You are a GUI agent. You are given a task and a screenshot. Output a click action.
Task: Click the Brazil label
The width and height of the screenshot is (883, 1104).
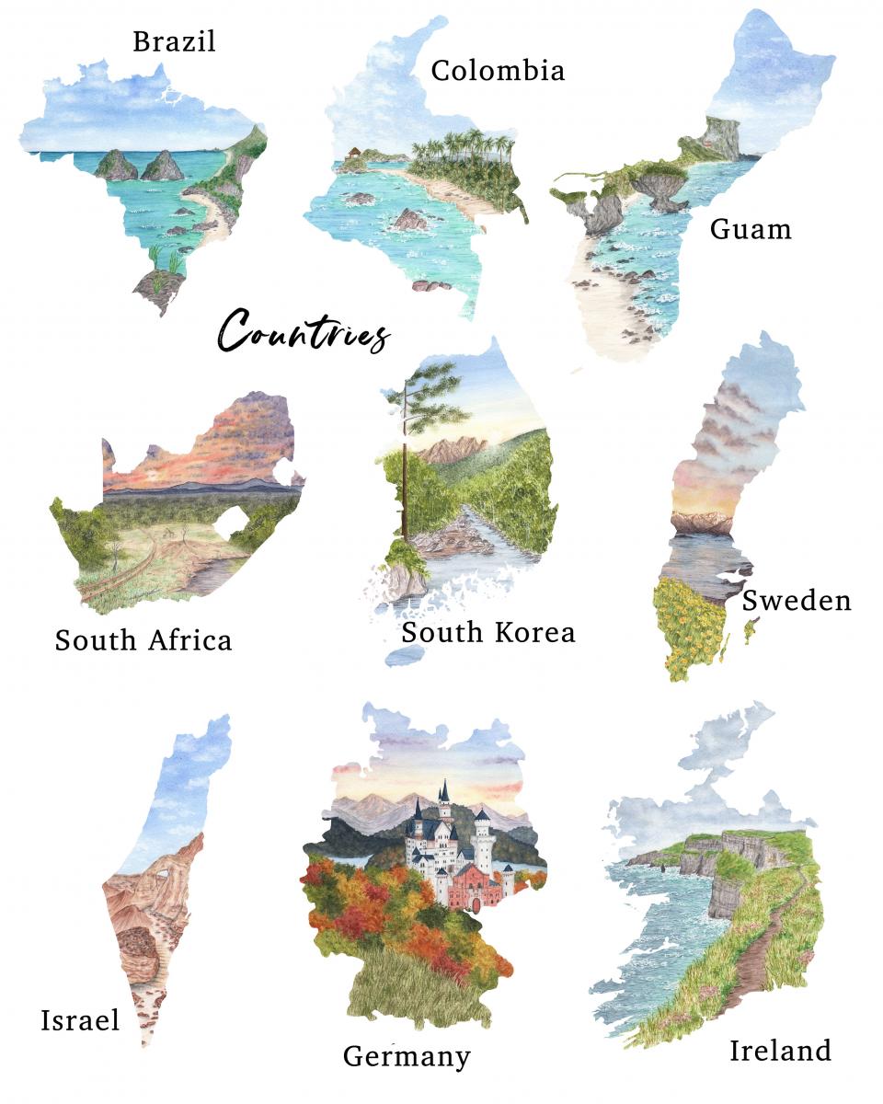click(x=174, y=41)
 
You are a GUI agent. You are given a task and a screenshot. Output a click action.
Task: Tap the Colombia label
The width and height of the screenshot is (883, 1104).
click(x=498, y=70)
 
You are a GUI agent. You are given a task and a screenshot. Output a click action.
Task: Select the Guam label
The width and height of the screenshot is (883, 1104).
click(x=751, y=228)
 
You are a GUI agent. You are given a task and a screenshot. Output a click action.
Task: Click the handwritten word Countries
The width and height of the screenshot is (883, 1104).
click(x=304, y=332)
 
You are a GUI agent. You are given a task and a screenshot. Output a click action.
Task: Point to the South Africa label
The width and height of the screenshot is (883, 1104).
click(x=143, y=639)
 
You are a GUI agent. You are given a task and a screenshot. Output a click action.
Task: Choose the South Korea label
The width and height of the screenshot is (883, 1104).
click(x=487, y=632)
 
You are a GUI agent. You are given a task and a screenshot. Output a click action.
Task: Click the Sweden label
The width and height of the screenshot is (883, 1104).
click(x=797, y=601)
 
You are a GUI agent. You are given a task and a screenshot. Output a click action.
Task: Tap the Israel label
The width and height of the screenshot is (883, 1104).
click(x=80, y=1019)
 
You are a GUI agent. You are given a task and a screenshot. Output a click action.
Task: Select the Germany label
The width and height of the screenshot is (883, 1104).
click(x=407, y=1055)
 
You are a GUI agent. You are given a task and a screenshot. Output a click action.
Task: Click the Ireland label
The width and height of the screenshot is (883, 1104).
click(x=780, y=1050)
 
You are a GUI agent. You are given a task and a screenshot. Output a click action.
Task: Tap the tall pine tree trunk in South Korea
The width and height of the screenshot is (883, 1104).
click(x=404, y=478)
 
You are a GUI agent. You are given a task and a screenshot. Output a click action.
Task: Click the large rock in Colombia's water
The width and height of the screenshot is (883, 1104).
click(x=410, y=219)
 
